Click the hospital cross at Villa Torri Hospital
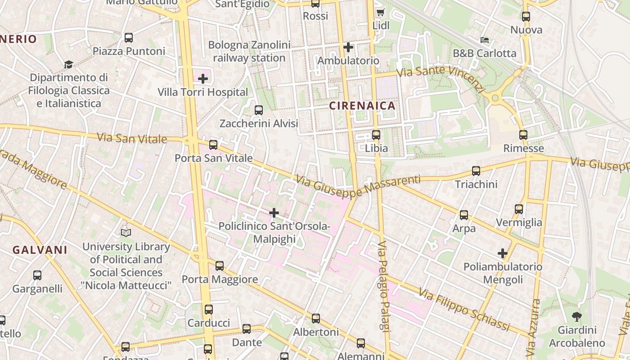(203, 79)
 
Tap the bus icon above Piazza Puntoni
(129, 38)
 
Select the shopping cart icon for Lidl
(380, 13)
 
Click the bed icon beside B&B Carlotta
(484, 40)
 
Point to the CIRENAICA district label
(362, 106)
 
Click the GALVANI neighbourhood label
(40, 250)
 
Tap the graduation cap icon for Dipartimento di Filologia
(68, 64)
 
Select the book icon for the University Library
(126, 233)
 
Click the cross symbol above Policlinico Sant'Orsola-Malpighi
(274, 213)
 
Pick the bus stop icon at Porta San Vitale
(213, 145)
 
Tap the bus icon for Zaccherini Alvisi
(259, 110)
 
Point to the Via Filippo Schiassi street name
(464, 310)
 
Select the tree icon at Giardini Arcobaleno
(577, 316)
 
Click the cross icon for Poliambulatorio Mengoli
(503, 253)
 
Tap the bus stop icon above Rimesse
(523, 135)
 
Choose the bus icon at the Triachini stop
(476, 171)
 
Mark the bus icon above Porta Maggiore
(220, 266)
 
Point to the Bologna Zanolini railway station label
(249, 51)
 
